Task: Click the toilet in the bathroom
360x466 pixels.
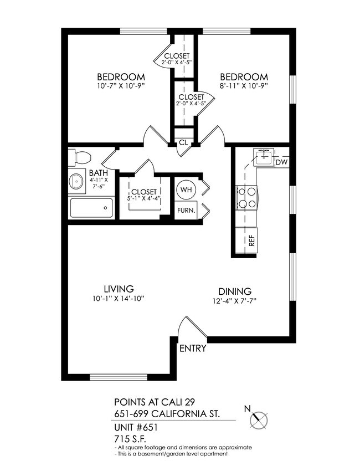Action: (79, 157)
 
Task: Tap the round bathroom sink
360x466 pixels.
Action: (76, 181)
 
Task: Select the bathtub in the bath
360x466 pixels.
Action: (91, 208)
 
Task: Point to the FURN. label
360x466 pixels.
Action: (185, 210)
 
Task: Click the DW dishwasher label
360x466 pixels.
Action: (281, 162)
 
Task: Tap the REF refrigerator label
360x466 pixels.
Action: (251, 240)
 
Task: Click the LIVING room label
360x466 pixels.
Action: (119, 289)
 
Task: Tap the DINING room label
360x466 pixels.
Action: (235, 291)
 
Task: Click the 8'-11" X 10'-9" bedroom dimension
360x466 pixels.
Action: (244, 86)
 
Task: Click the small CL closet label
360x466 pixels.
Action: (183, 142)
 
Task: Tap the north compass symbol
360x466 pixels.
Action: (259, 419)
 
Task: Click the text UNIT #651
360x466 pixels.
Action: (136, 428)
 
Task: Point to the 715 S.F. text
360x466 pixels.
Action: (127, 438)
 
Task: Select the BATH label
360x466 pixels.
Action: (98, 173)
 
